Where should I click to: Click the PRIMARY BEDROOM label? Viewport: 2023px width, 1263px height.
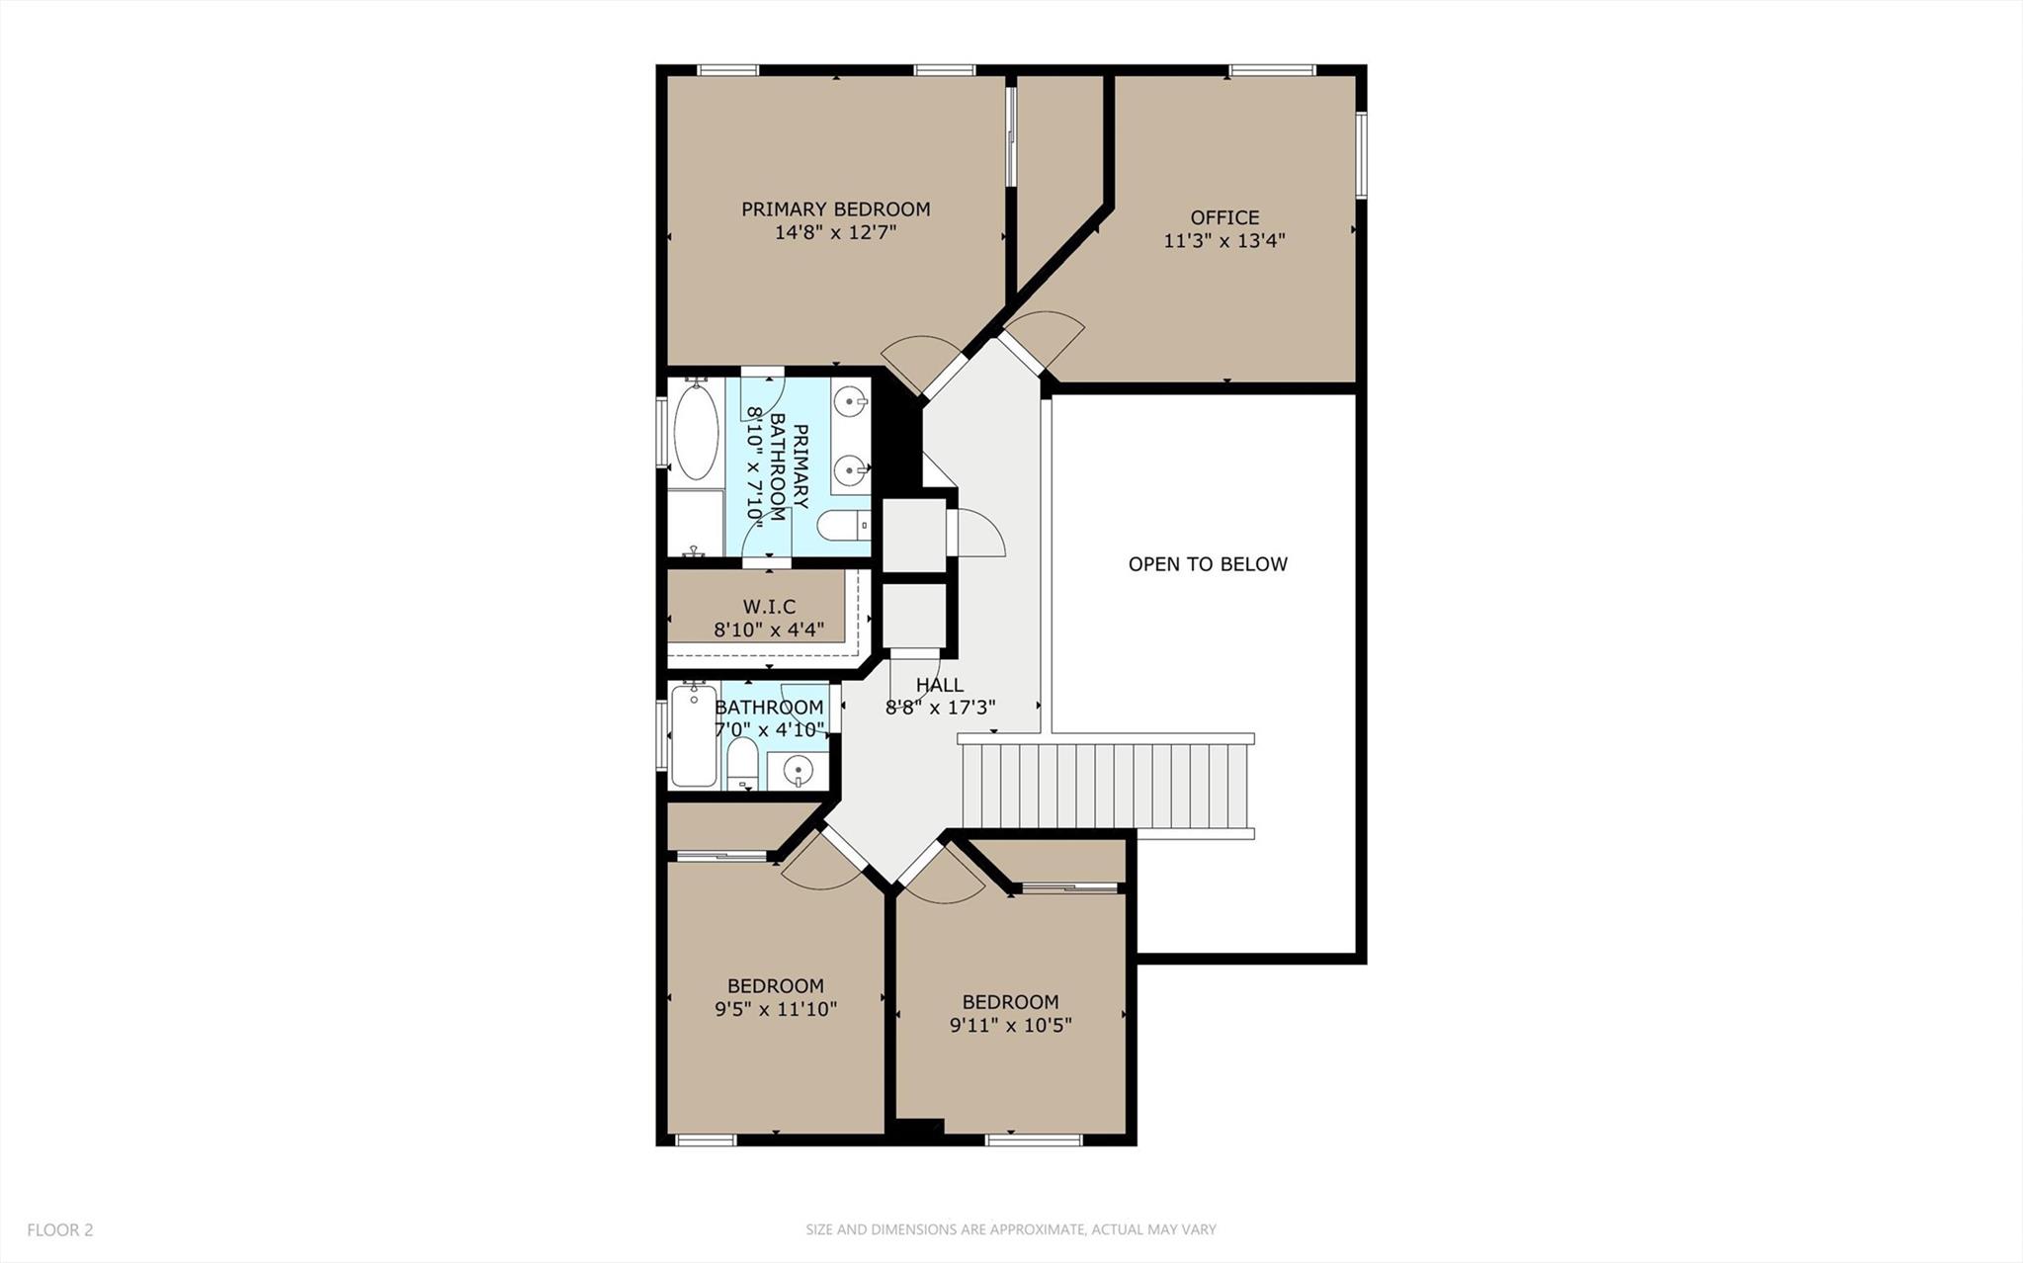[835, 210]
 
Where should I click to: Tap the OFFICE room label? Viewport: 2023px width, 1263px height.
[1224, 217]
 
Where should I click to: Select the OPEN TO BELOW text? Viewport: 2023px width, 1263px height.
[1208, 564]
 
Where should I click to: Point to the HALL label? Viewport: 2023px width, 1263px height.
[939, 685]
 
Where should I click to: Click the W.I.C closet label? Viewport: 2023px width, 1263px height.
[769, 607]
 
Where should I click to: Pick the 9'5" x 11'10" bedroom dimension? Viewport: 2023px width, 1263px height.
[776, 1009]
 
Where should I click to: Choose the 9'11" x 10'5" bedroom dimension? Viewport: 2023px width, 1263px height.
[1010, 1025]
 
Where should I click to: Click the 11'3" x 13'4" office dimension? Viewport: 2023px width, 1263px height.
[1223, 240]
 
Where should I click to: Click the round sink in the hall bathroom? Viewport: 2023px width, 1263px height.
[798, 770]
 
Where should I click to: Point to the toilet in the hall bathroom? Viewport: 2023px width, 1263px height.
[741, 766]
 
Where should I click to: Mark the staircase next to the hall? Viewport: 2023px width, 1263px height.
[1105, 786]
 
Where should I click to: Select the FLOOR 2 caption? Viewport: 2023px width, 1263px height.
[60, 1229]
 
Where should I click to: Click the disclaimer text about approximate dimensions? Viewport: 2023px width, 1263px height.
[1010, 1229]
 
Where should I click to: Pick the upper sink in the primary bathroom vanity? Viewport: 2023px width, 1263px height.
[850, 401]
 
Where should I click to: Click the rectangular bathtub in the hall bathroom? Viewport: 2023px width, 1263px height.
[693, 736]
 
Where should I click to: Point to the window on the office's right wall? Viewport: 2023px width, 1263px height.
[1360, 154]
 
